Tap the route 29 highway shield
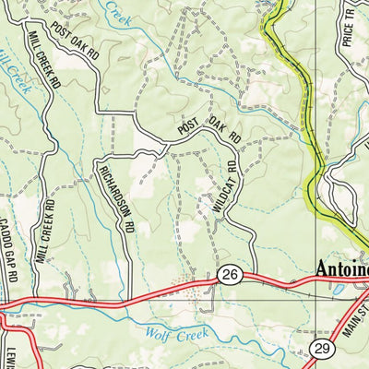pos(322,348)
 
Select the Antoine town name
pos(341,269)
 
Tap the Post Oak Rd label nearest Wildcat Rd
pos(209,130)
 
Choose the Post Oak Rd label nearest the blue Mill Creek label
pos(75,41)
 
